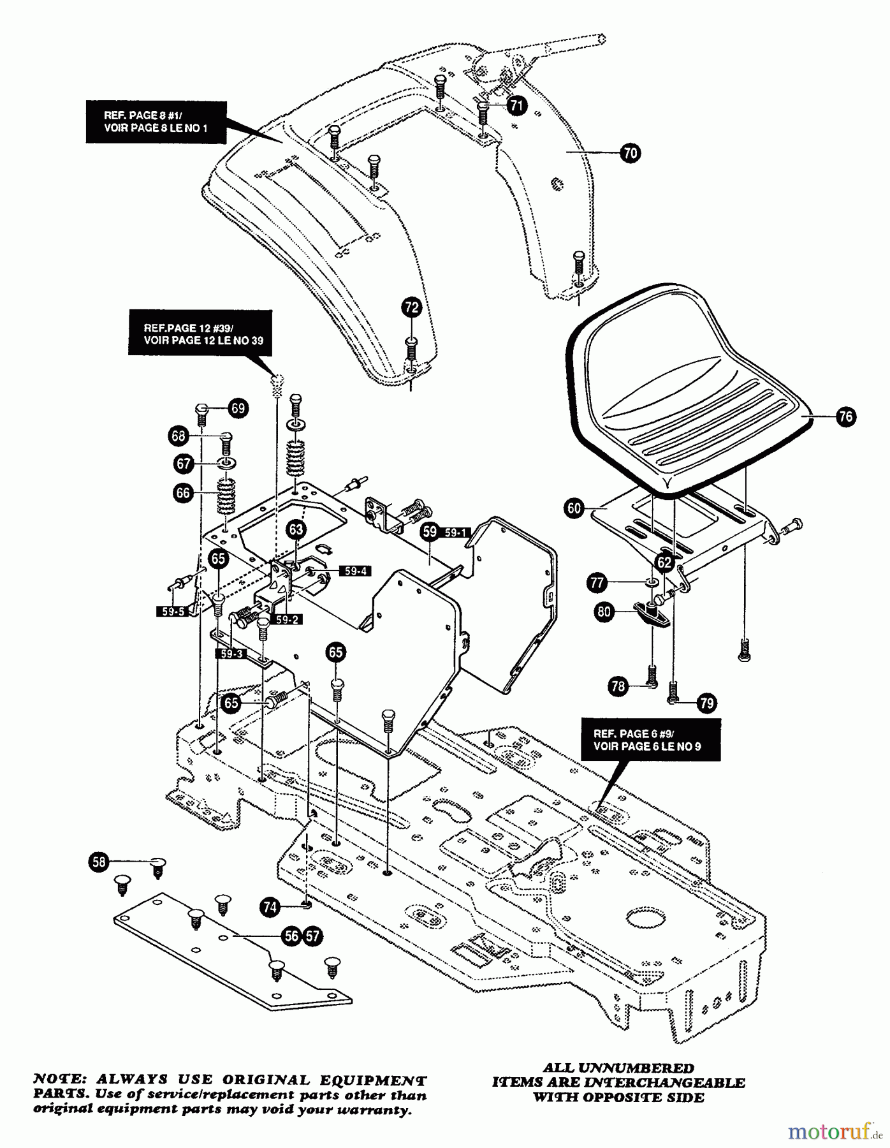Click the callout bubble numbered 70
pyautogui.click(x=630, y=153)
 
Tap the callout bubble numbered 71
pyautogui.click(x=517, y=105)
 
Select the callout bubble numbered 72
pyautogui.click(x=412, y=307)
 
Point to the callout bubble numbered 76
pyautogui.click(x=845, y=417)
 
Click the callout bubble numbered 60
pyautogui.click(x=574, y=508)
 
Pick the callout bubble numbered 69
pyautogui.click(x=238, y=408)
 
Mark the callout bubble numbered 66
pyautogui.click(x=183, y=493)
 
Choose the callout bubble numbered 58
pyautogui.click(x=99, y=863)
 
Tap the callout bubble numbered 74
pyautogui.click(x=270, y=907)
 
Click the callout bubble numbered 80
pyautogui.click(x=604, y=612)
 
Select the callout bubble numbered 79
pyautogui.click(x=706, y=703)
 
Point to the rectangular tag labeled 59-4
pyautogui.click(x=355, y=571)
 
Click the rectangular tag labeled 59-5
pyautogui.click(x=173, y=612)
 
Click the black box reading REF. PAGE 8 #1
pyautogui.click(x=156, y=122)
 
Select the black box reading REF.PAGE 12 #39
pyautogui.click(x=200, y=334)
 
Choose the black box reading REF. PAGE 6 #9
pyautogui.click(x=650, y=740)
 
